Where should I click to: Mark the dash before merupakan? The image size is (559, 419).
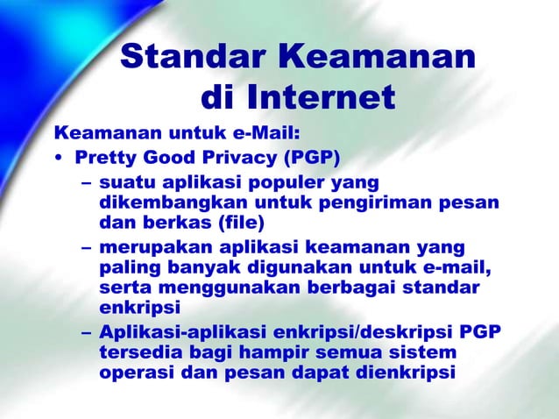(85, 249)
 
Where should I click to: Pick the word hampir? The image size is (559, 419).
(283, 352)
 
